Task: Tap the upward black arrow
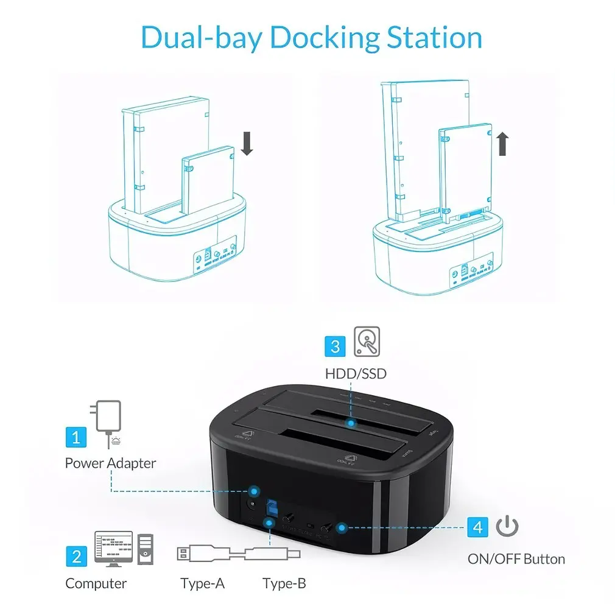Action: tap(502, 144)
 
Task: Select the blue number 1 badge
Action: tap(76, 437)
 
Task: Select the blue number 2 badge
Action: tap(76, 555)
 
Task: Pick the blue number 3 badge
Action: tap(335, 346)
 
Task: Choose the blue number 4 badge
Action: tap(478, 527)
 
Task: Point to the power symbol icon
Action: tap(507, 526)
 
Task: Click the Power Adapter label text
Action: tap(110, 463)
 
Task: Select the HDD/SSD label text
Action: tap(356, 373)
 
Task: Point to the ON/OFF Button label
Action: tap(516, 558)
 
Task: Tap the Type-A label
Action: tap(202, 583)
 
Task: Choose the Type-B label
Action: tap(284, 583)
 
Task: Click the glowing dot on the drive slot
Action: tap(350, 421)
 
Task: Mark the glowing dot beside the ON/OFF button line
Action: tap(342, 527)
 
